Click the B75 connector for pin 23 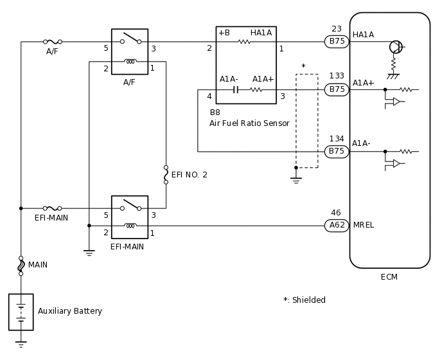[337, 42]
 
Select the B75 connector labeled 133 [337, 89]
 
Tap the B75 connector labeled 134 [337, 152]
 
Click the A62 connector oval [337, 226]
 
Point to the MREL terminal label [364, 226]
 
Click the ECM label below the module [389, 277]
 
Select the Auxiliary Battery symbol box [21, 312]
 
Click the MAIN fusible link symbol [21, 265]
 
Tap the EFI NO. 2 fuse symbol [166, 175]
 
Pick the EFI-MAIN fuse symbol [52, 208]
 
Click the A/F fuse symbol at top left [52, 42]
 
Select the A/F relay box [130, 51]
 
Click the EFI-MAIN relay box [130, 217]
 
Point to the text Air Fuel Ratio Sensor [249, 123]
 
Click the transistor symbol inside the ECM [396, 47]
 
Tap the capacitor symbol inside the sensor [236, 89]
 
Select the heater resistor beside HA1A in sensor [244, 42]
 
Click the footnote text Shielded [305, 300]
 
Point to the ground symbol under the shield [296, 180]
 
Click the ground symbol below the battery [21, 345]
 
